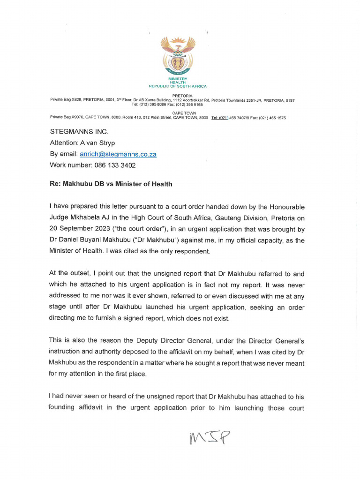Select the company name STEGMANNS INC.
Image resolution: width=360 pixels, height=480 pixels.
tap(79, 132)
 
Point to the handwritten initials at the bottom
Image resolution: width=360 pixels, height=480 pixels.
tap(210, 438)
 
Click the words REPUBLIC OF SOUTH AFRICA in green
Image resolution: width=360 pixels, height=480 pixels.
tap(178, 86)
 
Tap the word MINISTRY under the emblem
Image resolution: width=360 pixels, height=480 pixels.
tap(178, 79)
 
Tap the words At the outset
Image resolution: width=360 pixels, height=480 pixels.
tap(69, 274)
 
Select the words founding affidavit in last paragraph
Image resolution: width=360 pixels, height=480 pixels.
tap(78, 407)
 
